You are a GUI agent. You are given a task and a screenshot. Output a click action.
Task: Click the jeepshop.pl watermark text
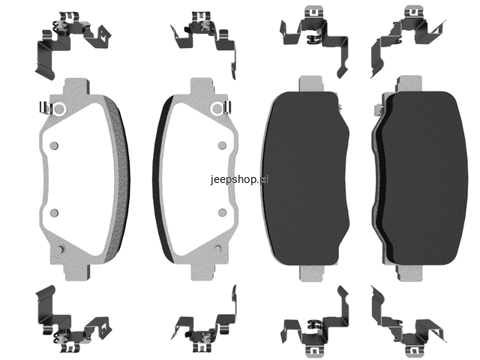point(239,179)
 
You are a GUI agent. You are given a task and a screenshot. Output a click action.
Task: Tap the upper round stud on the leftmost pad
point(54,145)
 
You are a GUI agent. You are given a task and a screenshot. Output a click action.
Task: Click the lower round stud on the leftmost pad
point(54,213)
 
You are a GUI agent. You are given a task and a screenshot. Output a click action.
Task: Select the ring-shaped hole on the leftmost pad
point(59,109)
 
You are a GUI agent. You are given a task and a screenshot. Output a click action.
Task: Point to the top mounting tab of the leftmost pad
point(76,86)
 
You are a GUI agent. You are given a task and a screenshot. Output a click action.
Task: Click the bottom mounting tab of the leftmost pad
point(77,272)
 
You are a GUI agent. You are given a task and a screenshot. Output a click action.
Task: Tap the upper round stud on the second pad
point(222,145)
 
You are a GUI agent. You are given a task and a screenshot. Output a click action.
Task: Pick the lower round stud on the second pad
point(222,213)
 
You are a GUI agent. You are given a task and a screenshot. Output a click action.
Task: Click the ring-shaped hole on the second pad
point(217,108)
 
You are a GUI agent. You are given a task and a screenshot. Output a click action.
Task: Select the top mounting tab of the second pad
point(202,86)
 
